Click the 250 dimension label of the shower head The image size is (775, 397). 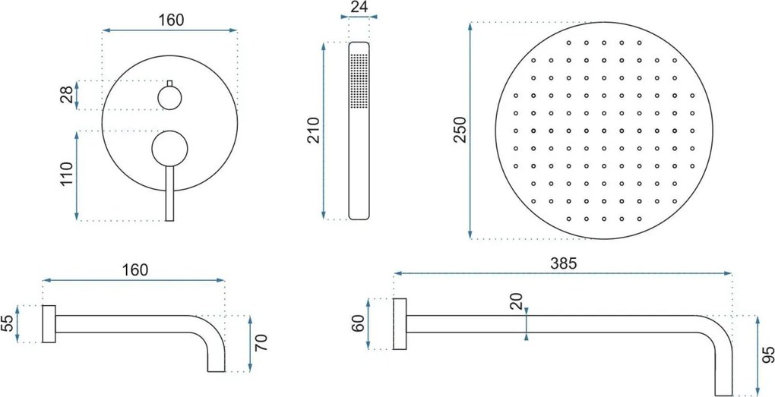coord(460,129)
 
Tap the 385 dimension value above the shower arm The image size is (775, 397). coord(564,263)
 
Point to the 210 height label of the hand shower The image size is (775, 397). coord(314,131)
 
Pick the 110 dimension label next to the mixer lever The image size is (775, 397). coord(67,173)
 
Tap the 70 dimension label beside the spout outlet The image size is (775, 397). coord(261,342)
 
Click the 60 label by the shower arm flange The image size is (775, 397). coord(359,324)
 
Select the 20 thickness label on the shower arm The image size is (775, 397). coord(517,301)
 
